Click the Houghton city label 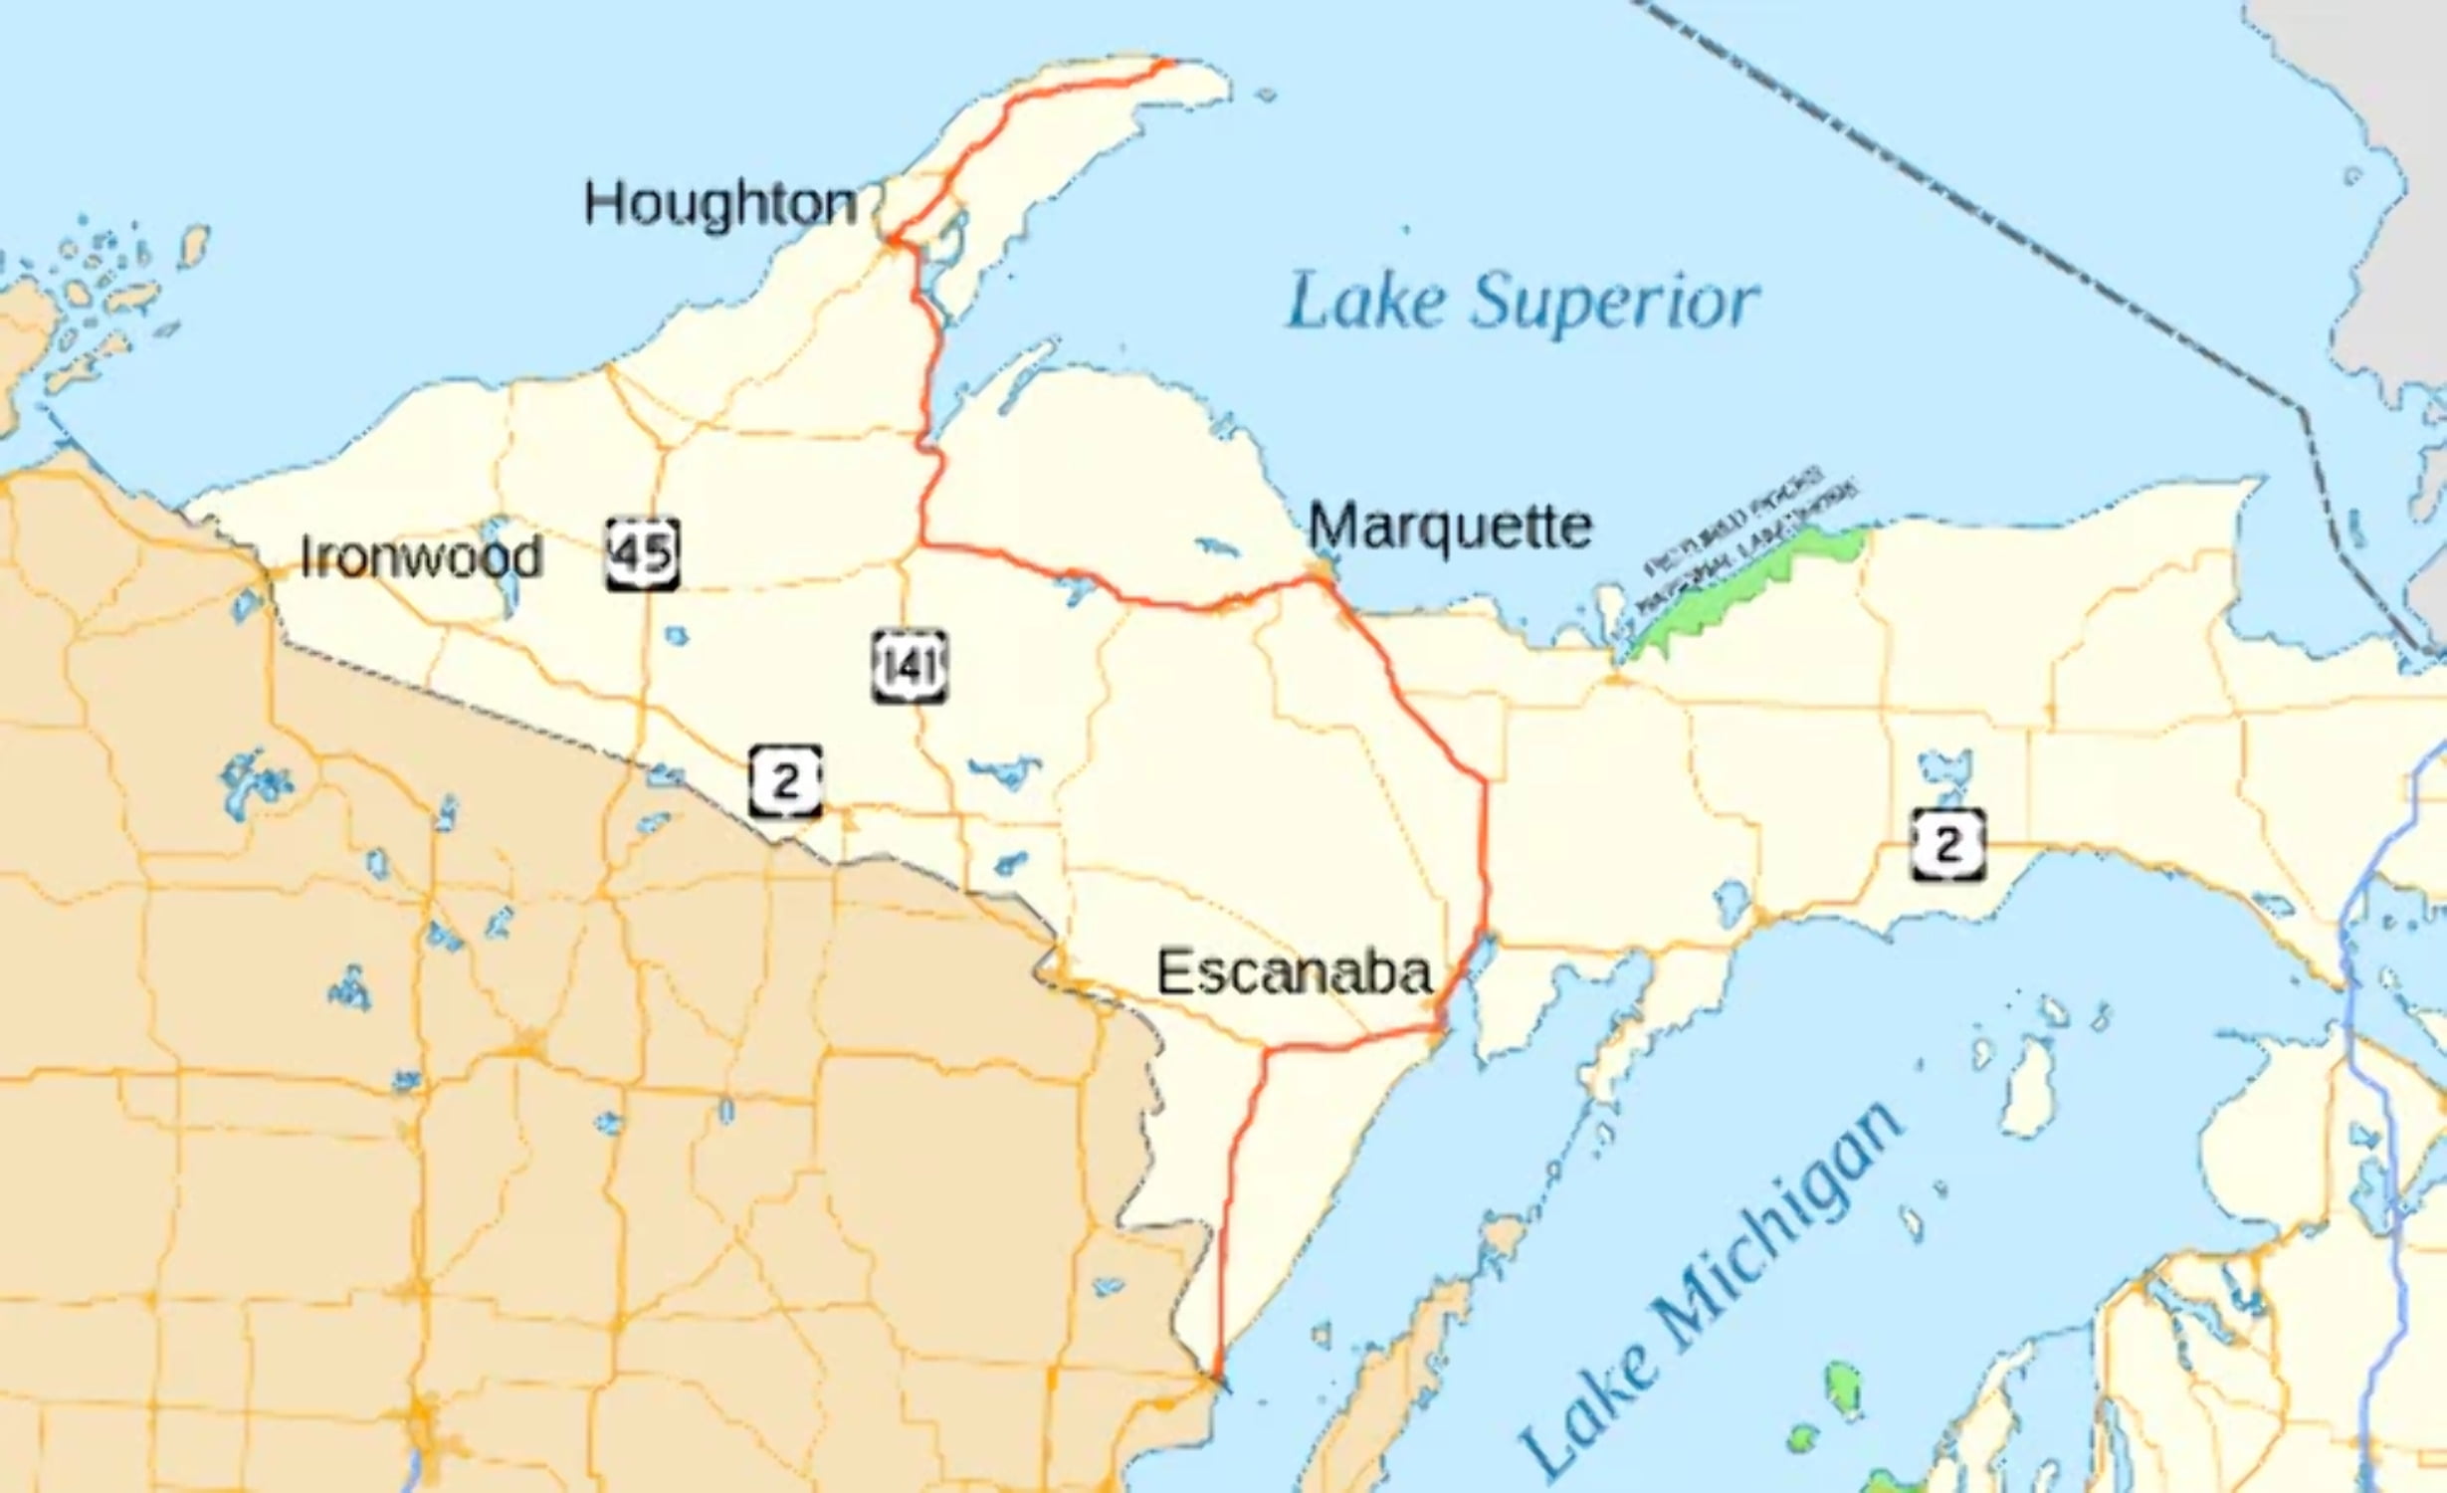pos(719,205)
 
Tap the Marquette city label pos(1449,527)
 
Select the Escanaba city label pos(1294,972)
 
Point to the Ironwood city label pos(421,556)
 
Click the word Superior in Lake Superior pos(1614,304)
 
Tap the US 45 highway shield pos(643,553)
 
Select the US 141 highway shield pos(909,666)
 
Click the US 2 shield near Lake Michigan pos(1947,845)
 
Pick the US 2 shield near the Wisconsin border pos(785,781)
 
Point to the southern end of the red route pos(1213,1380)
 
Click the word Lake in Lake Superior pos(1364,304)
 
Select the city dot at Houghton pos(894,240)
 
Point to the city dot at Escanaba pos(1439,1025)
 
